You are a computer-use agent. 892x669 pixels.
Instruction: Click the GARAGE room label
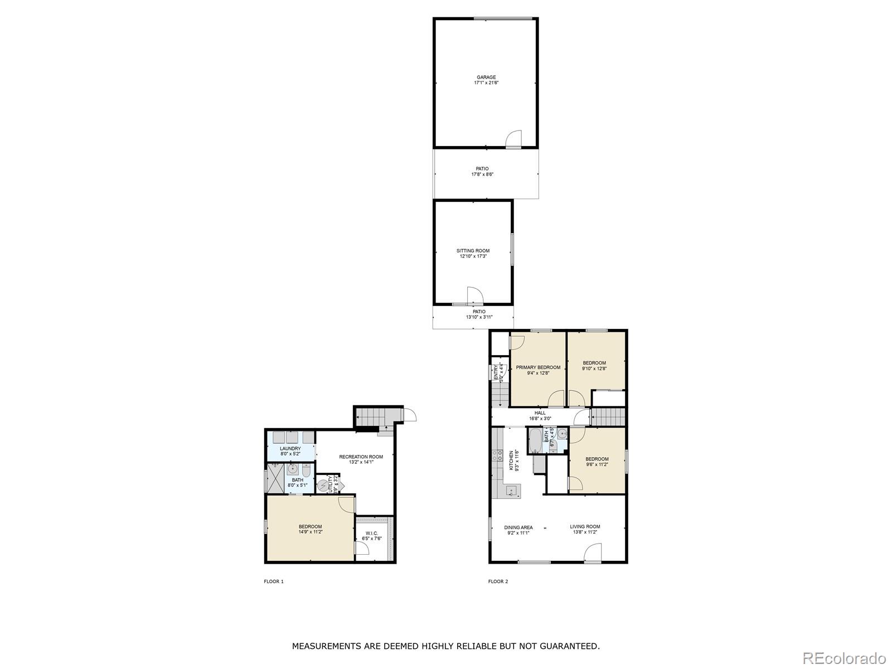[486, 77]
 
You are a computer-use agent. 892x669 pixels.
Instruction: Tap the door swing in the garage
[514, 139]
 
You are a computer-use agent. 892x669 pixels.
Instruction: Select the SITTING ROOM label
[473, 251]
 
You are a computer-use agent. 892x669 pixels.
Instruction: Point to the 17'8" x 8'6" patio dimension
[482, 174]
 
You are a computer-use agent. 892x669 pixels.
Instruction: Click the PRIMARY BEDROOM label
[538, 367]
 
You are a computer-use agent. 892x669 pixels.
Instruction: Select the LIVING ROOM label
[585, 526]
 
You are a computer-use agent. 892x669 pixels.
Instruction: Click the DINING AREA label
[518, 527]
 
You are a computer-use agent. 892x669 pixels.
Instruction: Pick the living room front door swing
[593, 553]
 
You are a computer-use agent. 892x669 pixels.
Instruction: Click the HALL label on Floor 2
[540, 413]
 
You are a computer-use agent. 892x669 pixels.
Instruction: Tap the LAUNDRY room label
[290, 449]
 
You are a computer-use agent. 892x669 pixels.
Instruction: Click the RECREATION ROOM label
[361, 457]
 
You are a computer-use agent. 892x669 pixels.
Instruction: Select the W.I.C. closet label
[372, 534]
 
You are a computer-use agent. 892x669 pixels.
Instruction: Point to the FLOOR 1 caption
[274, 581]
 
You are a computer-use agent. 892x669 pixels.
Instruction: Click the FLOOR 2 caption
[498, 581]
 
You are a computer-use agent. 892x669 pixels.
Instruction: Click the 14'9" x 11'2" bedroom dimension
[310, 532]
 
